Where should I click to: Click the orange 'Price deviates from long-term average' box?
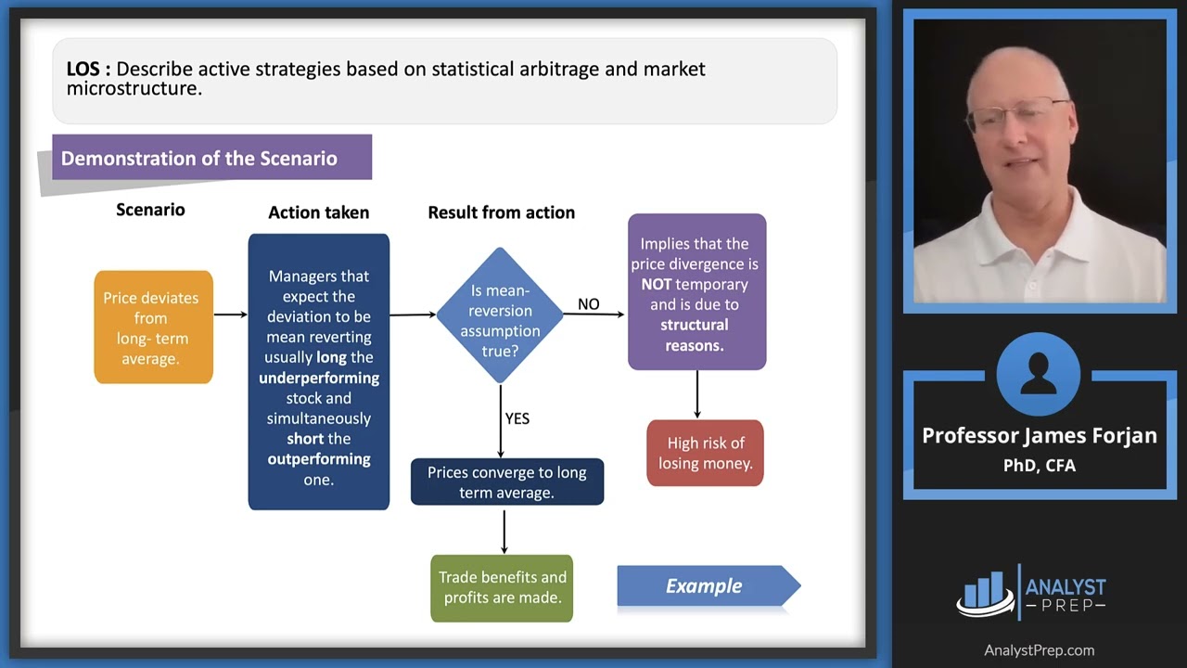coord(153,328)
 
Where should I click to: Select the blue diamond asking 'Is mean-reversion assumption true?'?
coord(500,315)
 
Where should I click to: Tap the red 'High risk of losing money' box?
coord(705,453)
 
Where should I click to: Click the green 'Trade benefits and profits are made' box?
coord(502,587)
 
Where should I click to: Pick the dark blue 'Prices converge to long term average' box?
coord(506,482)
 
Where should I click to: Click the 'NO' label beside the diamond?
coord(588,304)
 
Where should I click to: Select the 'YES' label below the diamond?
coord(517,418)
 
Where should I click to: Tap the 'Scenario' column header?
coord(150,210)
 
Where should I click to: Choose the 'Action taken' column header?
coord(318,212)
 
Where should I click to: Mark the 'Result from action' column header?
coord(501,212)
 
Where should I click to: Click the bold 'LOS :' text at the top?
coord(88,70)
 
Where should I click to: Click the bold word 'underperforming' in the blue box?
coord(319,378)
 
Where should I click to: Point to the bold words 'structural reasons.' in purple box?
coord(695,335)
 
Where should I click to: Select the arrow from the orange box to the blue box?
coord(230,315)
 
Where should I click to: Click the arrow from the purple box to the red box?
coord(697,394)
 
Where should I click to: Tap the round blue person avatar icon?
coord(1039,374)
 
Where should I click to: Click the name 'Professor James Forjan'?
coord(1039,436)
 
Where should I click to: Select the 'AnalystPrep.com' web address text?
coord(1039,650)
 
